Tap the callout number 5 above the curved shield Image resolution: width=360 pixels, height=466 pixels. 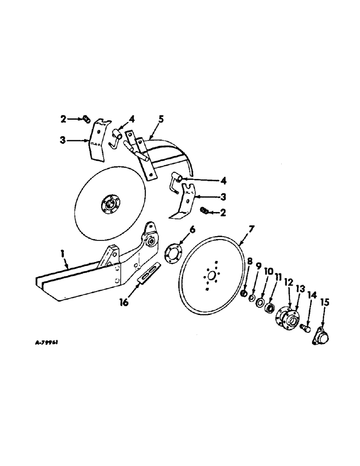(160, 119)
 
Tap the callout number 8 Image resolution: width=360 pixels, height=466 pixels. (249, 275)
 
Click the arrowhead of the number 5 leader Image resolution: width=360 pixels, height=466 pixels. (150, 138)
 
